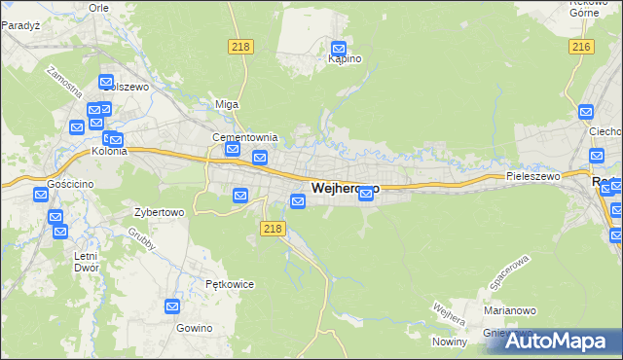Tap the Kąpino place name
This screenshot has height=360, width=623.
[345, 59]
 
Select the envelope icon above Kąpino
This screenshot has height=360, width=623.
[339, 48]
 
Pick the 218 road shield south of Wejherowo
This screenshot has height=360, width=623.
[273, 228]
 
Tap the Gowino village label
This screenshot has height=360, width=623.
[195, 328]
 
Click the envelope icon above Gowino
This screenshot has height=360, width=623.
[172, 306]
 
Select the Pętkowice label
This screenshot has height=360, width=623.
[230, 284]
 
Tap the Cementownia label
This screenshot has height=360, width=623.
[246, 137]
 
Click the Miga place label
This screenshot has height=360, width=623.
[226, 104]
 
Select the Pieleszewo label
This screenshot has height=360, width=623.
[533, 176]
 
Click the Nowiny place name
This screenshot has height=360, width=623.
[451, 342]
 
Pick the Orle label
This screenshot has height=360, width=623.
[97, 6]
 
